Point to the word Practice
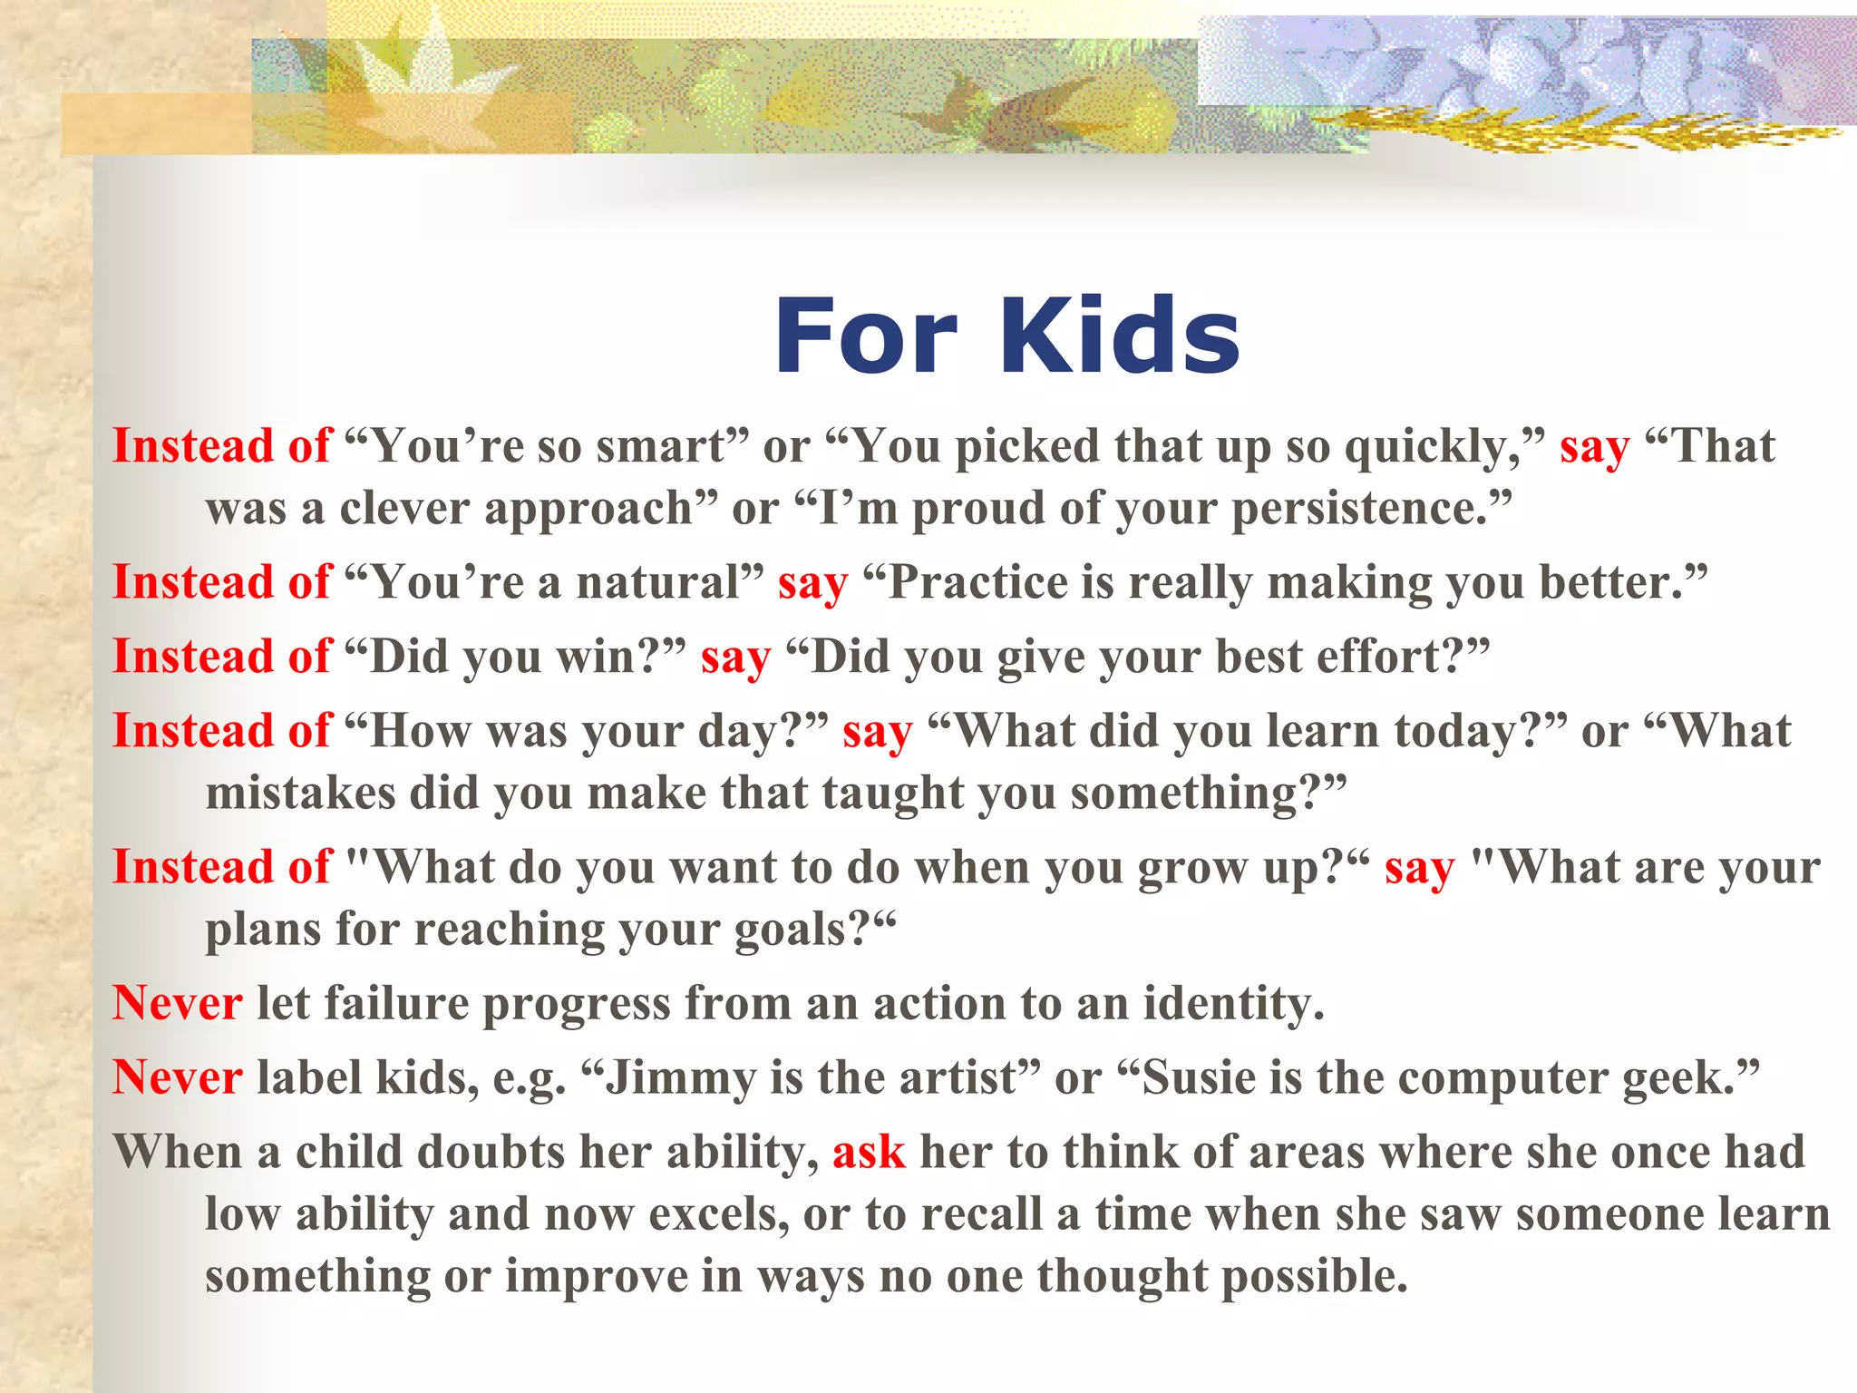pyautogui.click(x=976, y=582)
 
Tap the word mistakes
pyautogui.click(x=300, y=793)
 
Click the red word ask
pyautogui.click(x=868, y=1152)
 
